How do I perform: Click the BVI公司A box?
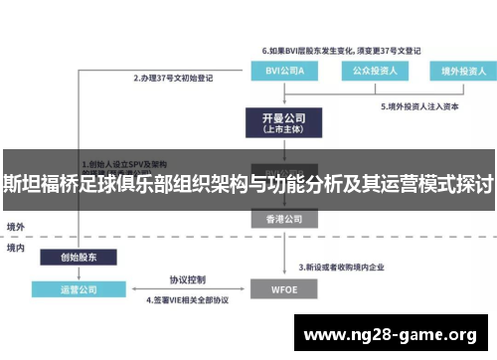[x=277, y=72]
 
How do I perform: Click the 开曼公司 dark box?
[x=277, y=122]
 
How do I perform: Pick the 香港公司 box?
[x=277, y=218]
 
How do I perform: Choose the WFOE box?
[x=277, y=288]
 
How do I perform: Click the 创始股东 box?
[x=79, y=257]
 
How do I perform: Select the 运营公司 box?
[x=79, y=289]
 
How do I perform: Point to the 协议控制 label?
[x=186, y=278]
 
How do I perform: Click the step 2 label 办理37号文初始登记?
[x=173, y=76]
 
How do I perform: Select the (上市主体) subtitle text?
[x=277, y=129]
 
